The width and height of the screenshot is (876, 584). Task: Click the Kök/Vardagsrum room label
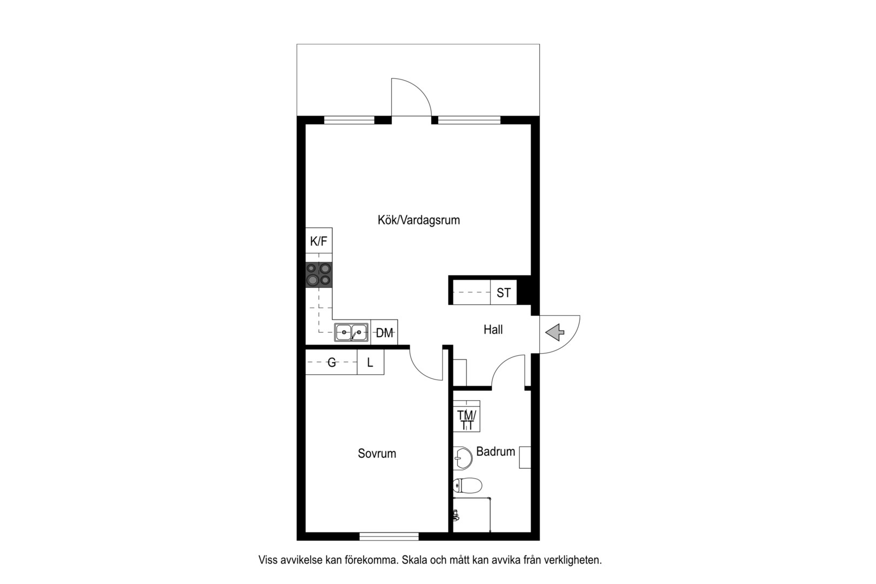tap(418, 220)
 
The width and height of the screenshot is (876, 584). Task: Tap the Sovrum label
tap(377, 453)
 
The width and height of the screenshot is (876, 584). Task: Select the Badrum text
tap(496, 452)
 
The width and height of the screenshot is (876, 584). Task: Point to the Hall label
tap(493, 329)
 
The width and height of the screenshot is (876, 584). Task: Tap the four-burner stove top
tap(319, 274)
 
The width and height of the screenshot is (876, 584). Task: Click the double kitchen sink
tap(351, 333)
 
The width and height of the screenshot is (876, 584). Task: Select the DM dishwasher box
tap(384, 333)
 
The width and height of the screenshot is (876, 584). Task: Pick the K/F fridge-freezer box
tap(319, 241)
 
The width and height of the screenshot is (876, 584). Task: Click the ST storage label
tap(504, 293)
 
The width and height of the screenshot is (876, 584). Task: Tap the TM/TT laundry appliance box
tap(466, 416)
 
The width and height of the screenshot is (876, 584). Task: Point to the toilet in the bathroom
tap(467, 486)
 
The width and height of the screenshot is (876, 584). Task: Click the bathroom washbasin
tap(463, 458)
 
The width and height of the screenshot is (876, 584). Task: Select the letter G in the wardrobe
tap(332, 362)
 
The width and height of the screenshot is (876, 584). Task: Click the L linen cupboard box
tap(370, 362)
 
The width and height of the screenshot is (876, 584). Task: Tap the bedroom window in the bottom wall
tap(389, 536)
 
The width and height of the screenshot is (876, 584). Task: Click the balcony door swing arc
tap(419, 89)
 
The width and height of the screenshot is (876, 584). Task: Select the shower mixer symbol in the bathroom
tap(456, 515)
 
